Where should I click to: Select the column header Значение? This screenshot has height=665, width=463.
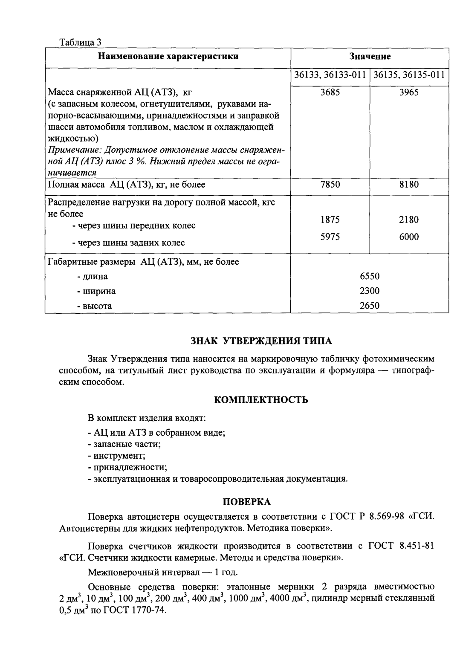click(x=370, y=57)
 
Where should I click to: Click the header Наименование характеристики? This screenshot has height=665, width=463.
click(x=168, y=57)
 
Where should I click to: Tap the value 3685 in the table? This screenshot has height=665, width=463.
click(x=330, y=92)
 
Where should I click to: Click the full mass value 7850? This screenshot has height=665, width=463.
click(x=330, y=185)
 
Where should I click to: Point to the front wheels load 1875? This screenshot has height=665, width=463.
click(x=330, y=220)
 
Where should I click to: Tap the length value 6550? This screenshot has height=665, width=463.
click(x=369, y=276)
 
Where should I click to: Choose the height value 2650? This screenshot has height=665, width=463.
click(x=369, y=306)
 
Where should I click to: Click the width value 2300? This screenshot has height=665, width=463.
click(x=369, y=291)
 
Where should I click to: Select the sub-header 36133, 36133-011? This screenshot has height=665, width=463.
click(x=330, y=75)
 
